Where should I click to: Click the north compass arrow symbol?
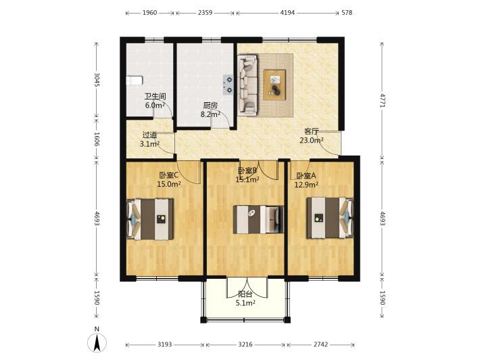coord(97,342)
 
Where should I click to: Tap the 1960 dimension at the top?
coord(149,13)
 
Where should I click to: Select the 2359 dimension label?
coord(205,13)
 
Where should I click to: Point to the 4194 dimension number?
coord(287,13)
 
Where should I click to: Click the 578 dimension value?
coord(347,13)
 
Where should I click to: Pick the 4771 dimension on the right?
coord(383,100)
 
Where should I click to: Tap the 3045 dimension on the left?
coord(97,80)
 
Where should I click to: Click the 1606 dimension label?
coord(97,139)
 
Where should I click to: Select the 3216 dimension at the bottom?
coord(245,344)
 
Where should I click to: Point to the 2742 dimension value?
coord(320,344)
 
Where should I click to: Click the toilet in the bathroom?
coord(135,81)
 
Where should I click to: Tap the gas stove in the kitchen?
coord(229,85)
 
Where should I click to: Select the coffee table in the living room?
coord(274,85)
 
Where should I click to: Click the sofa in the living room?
coord(247,85)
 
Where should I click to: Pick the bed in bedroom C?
coord(150,219)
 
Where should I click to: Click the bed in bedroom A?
coord(330,218)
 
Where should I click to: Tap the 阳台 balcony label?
coord(245,294)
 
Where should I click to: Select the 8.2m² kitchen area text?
coord(211,114)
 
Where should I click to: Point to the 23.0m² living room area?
coord(312,140)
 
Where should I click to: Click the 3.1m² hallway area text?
coord(149,143)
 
